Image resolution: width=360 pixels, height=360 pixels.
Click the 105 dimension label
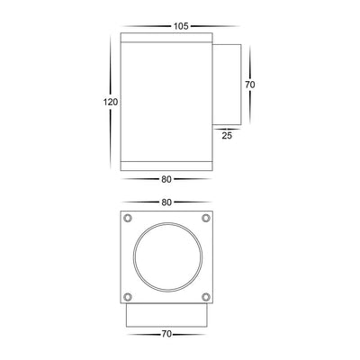(181, 25)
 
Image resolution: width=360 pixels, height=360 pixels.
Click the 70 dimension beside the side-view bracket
(252, 85)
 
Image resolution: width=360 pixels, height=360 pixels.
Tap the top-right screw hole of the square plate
(206, 219)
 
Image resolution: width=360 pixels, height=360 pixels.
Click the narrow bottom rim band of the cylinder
(167, 166)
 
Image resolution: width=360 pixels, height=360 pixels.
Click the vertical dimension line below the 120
(112, 139)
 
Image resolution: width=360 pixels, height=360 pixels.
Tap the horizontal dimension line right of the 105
(216, 26)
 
